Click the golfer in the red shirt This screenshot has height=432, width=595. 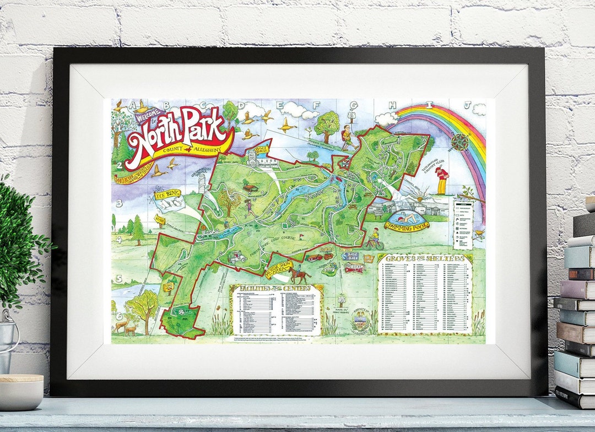[441, 180]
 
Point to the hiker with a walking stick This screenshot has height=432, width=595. [347, 137]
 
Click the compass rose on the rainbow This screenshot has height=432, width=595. [461, 142]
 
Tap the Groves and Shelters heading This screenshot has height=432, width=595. [425, 259]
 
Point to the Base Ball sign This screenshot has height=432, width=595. [350, 256]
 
